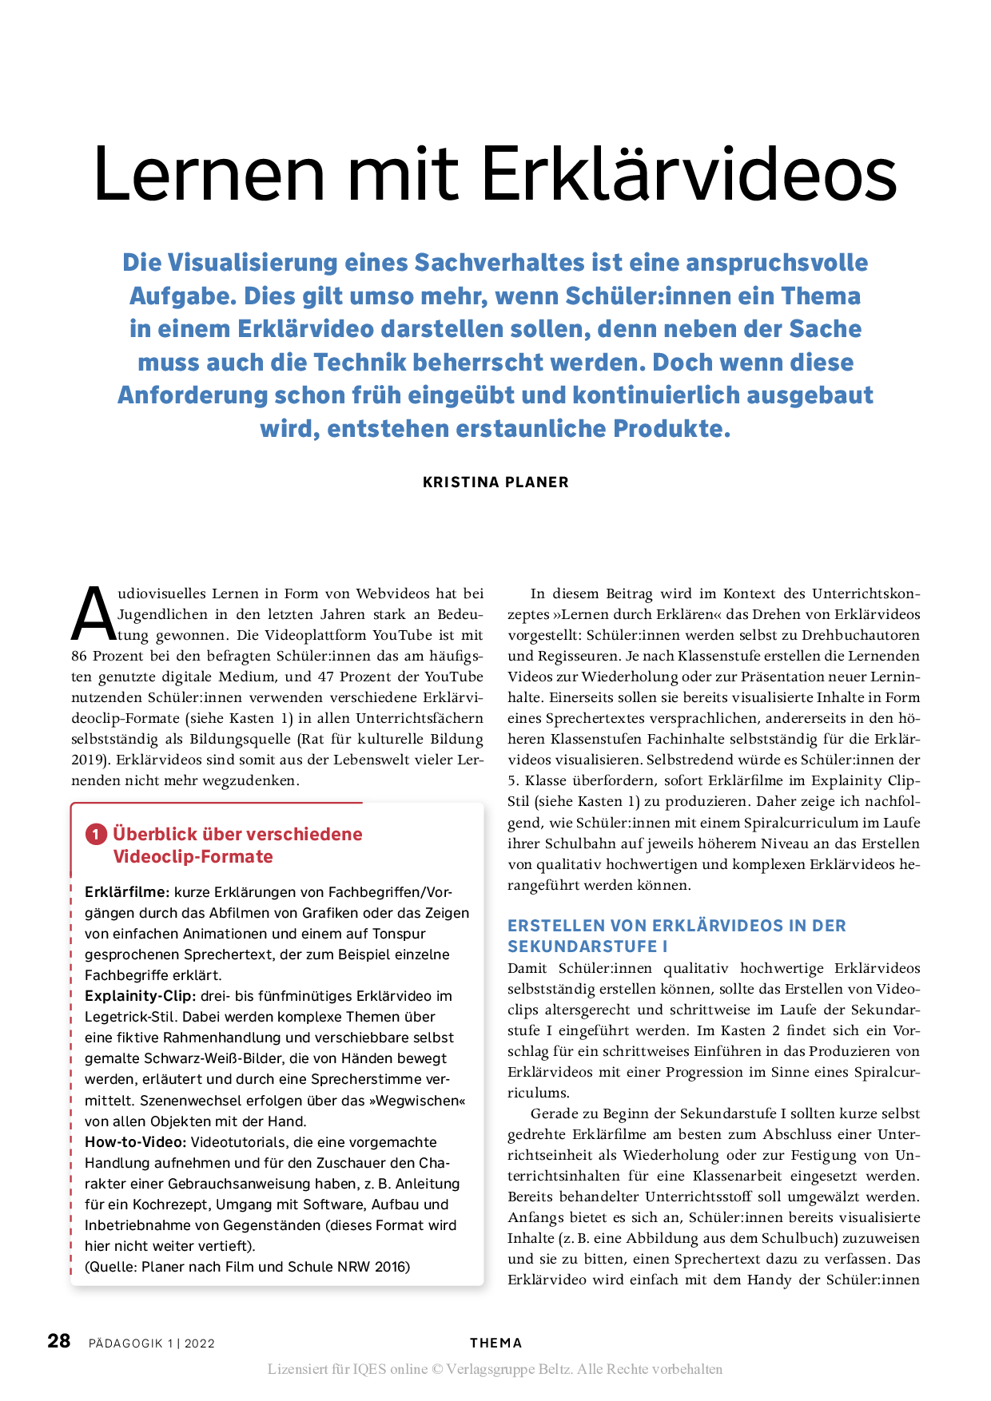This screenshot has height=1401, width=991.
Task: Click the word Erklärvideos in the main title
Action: (689, 174)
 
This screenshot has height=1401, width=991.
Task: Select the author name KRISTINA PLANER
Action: (495, 482)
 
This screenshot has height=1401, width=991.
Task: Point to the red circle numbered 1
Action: (96, 835)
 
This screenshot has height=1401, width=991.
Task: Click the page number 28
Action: (59, 1341)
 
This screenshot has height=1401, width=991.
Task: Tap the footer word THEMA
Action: (495, 1343)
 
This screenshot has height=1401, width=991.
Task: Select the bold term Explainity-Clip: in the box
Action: (140, 996)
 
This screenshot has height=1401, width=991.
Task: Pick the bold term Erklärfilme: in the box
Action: (127, 892)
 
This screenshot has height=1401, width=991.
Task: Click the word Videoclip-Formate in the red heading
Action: (193, 857)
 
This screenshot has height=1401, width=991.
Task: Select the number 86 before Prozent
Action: (80, 657)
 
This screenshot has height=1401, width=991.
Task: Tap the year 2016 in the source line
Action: (392, 1267)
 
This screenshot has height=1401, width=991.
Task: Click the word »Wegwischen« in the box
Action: (417, 1101)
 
